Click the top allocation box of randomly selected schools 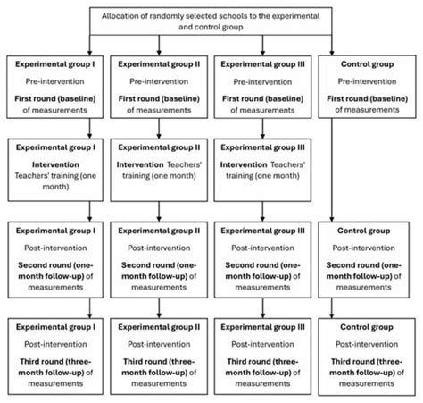211,21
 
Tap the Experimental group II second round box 159,258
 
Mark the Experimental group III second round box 262,258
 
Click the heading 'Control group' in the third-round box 366,327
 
